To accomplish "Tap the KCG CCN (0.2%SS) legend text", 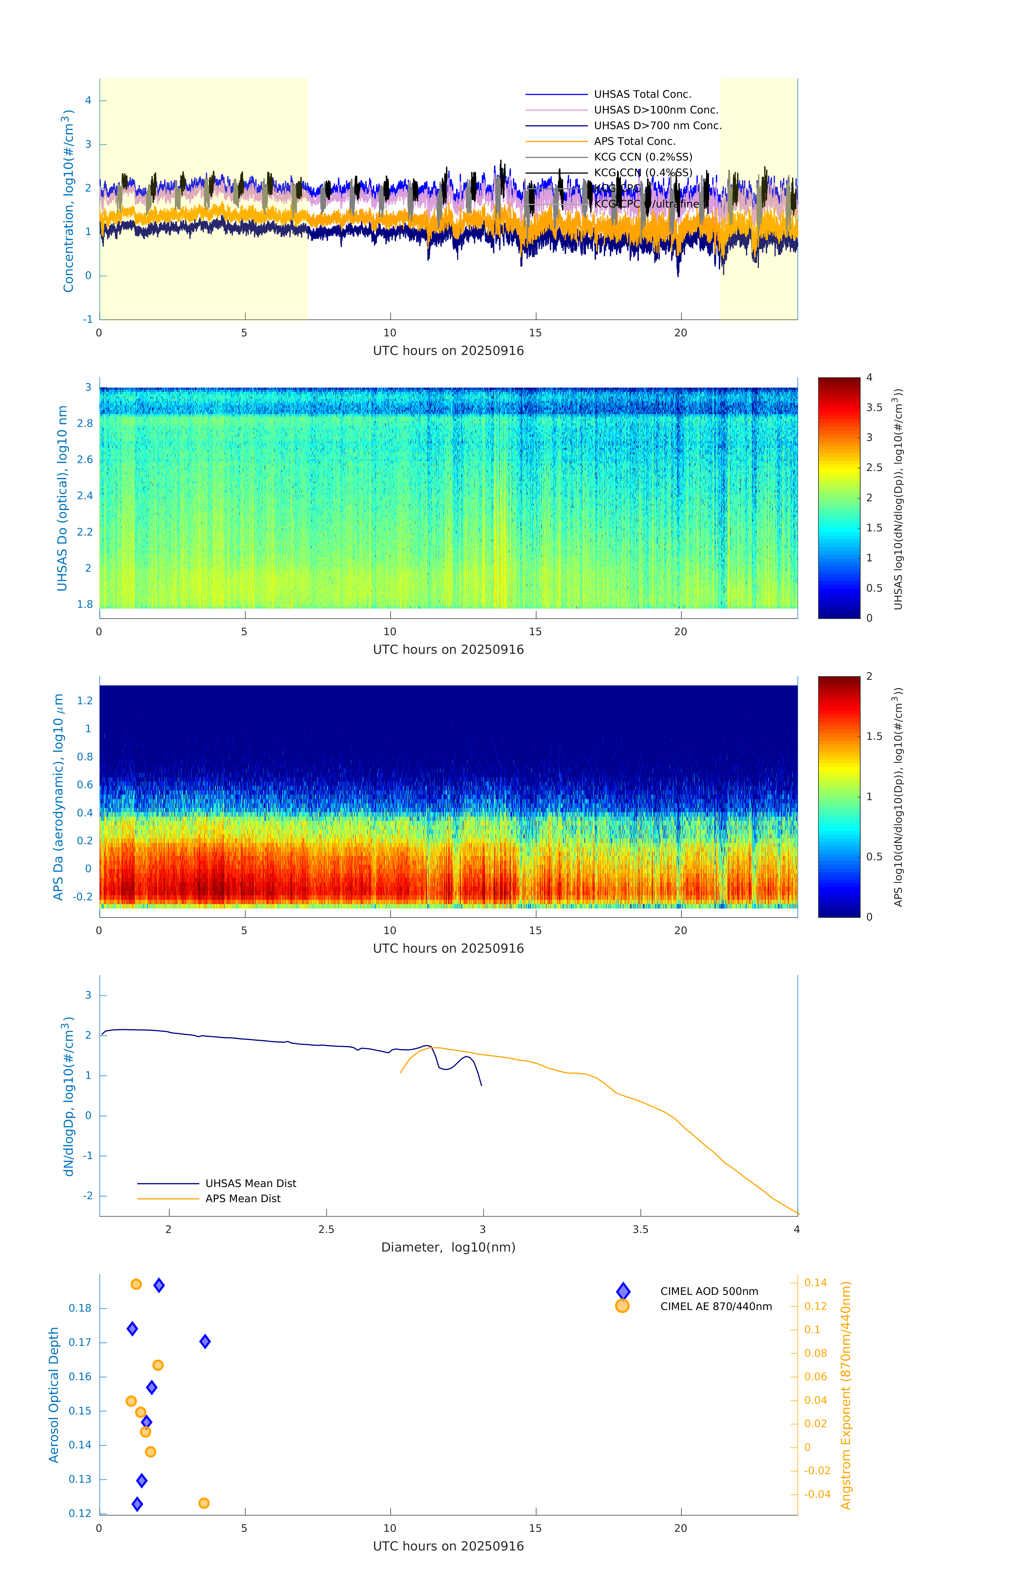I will click(643, 157).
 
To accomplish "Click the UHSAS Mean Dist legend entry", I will click(250, 1184).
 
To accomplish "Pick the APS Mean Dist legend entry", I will click(242, 1199).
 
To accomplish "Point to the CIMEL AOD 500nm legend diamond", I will click(623, 1291).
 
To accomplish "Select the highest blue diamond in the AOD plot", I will click(159, 1286).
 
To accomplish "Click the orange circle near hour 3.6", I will click(204, 1503).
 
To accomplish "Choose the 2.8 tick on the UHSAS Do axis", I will click(85, 424).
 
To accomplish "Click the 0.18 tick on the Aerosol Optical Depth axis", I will click(80, 1308).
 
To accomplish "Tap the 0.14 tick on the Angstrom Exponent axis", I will click(815, 1283).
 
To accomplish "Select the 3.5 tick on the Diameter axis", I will click(640, 1230).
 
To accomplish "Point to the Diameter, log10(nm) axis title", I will click(448, 1248).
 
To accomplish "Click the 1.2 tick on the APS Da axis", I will click(85, 701).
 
